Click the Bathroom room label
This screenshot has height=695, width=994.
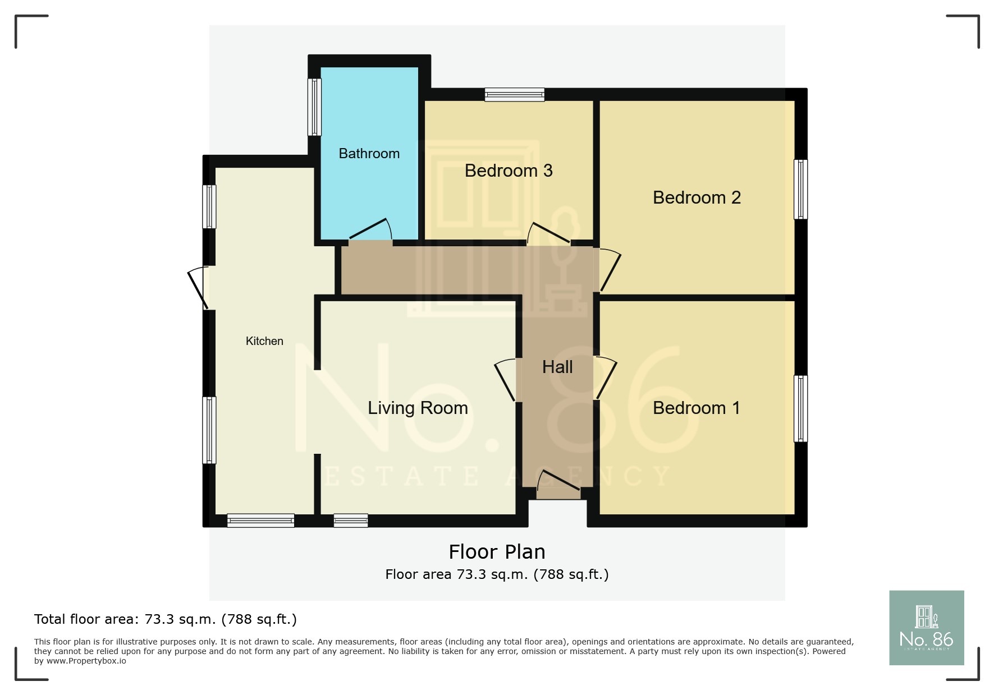pyautogui.click(x=369, y=154)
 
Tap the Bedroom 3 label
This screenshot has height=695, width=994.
pyautogui.click(x=508, y=171)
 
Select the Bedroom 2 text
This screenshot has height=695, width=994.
pyautogui.click(x=696, y=197)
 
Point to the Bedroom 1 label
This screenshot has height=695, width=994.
pyautogui.click(x=696, y=408)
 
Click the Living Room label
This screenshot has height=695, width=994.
pyautogui.click(x=417, y=408)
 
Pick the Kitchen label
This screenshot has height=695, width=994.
pyautogui.click(x=264, y=341)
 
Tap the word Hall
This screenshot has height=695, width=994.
pyautogui.click(x=557, y=367)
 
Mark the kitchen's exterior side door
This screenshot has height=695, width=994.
pyautogui.click(x=198, y=287)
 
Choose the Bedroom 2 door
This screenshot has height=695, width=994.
pyautogui.click(x=610, y=270)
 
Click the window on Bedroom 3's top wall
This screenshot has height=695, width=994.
pyautogui.click(x=514, y=95)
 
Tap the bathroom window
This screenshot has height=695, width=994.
pyautogui.click(x=315, y=107)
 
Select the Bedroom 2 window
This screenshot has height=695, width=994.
pyautogui.click(x=801, y=189)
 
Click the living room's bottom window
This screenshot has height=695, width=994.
pyautogui.click(x=351, y=521)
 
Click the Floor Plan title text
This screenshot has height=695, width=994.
pyautogui.click(x=497, y=552)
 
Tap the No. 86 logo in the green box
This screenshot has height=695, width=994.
pyautogui.click(x=926, y=628)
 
